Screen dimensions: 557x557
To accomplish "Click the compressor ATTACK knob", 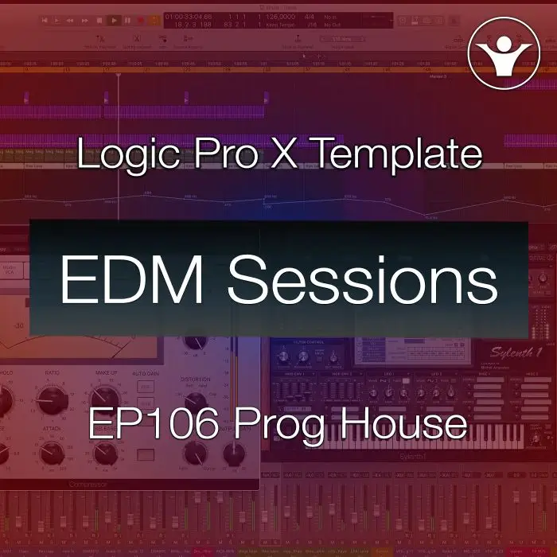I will pos(49,454).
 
